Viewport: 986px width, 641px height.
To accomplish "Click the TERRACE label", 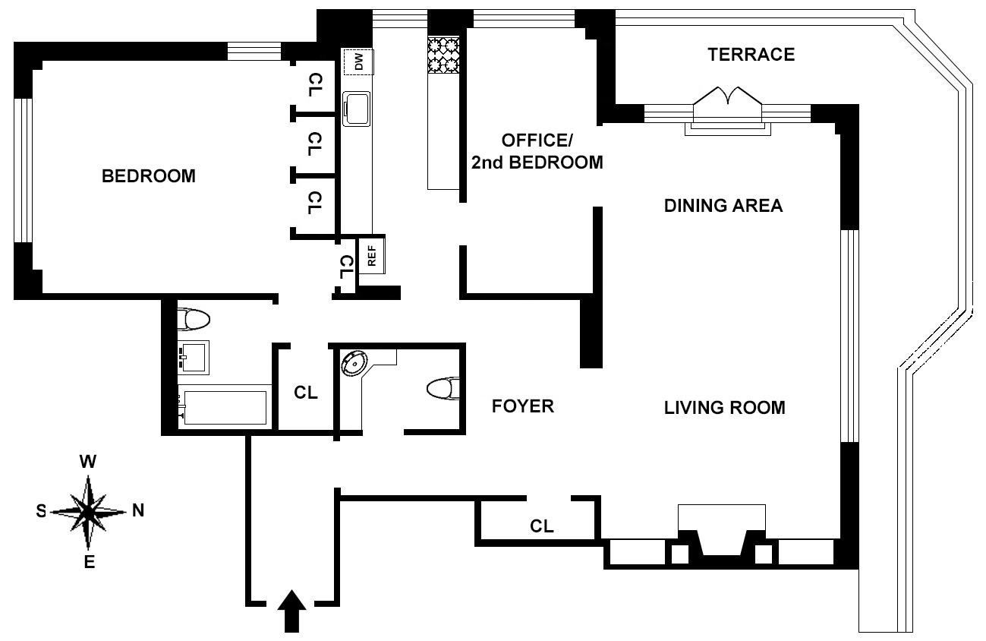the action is click(x=751, y=55).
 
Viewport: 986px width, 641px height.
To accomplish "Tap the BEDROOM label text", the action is click(x=149, y=176).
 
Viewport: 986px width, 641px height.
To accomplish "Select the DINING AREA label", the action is click(x=723, y=206).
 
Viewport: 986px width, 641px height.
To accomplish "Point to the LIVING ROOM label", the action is click(x=725, y=408).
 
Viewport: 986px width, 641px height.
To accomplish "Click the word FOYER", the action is click(x=522, y=406).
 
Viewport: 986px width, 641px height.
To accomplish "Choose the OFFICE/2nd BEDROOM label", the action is click(x=537, y=152).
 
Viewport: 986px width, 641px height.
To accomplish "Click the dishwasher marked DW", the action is click(x=359, y=62).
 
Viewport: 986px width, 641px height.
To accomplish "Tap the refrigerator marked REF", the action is click(x=372, y=255).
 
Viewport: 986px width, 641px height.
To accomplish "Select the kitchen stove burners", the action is click(x=444, y=55).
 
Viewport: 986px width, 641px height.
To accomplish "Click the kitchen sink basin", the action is click(x=357, y=109).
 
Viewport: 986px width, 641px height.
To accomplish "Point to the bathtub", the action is click(x=225, y=407).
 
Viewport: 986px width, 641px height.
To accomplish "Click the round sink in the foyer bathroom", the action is click(x=354, y=364).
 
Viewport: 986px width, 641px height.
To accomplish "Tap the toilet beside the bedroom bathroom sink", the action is click(x=194, y=320).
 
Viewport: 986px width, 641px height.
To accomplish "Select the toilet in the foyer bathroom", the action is click(x=443, y=389).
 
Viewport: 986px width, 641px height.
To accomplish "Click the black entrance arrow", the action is click(x=291, y=611).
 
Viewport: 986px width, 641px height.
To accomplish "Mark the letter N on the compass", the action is click(x=138, y=510).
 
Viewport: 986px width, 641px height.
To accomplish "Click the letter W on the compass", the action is click(x=88, y=462).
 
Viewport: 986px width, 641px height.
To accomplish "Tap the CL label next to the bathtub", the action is click(x=305, y=392).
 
